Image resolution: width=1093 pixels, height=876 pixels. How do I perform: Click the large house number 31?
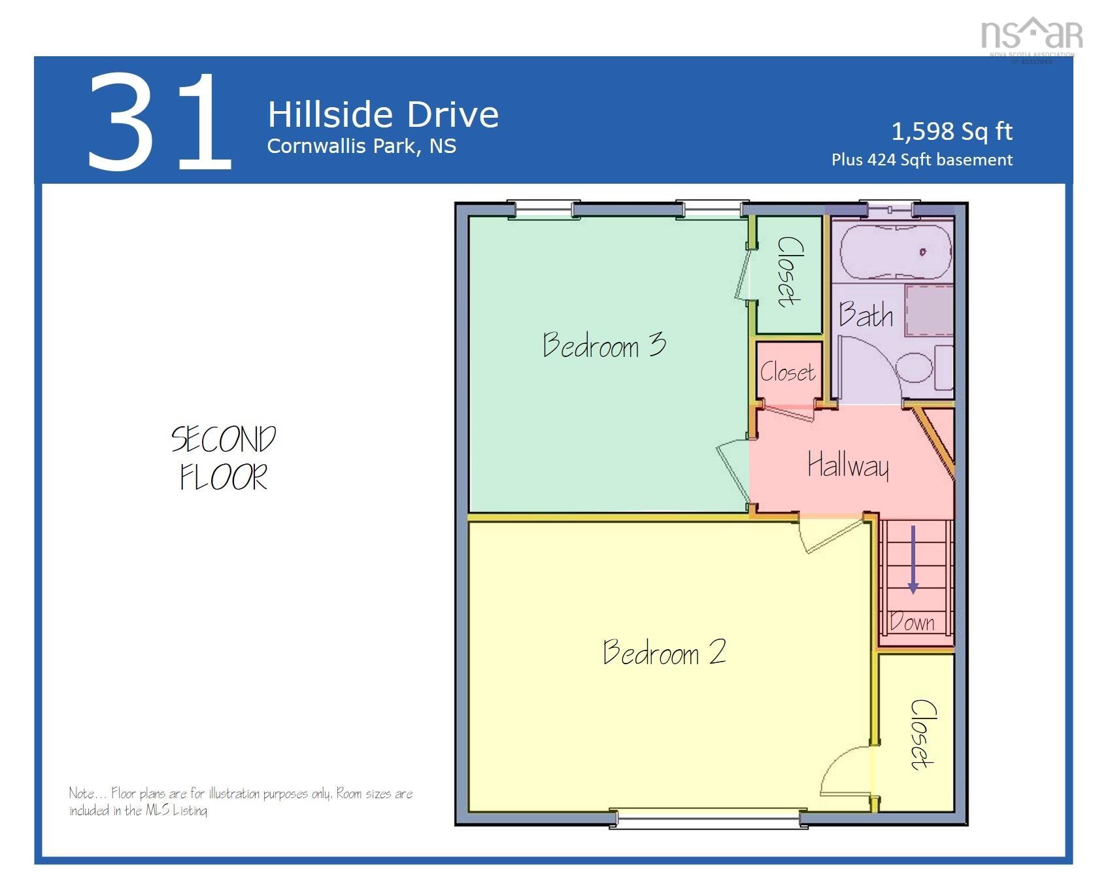click(x=160, y=122)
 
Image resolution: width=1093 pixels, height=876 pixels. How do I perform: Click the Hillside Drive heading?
click(x=383, y=114)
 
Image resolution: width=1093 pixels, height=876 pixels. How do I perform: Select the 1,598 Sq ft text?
click(x=951, y=131)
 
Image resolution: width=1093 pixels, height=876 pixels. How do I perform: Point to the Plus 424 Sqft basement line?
click(x=922, y=160)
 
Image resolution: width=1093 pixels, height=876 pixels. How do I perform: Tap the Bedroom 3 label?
click(x=604, y=345)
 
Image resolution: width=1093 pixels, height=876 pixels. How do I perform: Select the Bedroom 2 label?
click(x=664, y=652)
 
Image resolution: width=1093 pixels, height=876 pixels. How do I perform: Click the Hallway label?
click(x=848, y=465)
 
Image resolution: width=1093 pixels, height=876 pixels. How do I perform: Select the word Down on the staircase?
click(x=913, y=622)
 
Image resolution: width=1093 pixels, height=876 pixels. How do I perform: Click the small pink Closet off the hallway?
click(x=788, y=373)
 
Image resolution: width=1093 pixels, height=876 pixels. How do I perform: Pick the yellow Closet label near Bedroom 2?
click(x=922, y=734)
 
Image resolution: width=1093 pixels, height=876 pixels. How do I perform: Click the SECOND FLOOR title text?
click(x=224, y=458)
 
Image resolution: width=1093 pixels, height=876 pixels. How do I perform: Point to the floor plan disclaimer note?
click(x=241, y=801)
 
